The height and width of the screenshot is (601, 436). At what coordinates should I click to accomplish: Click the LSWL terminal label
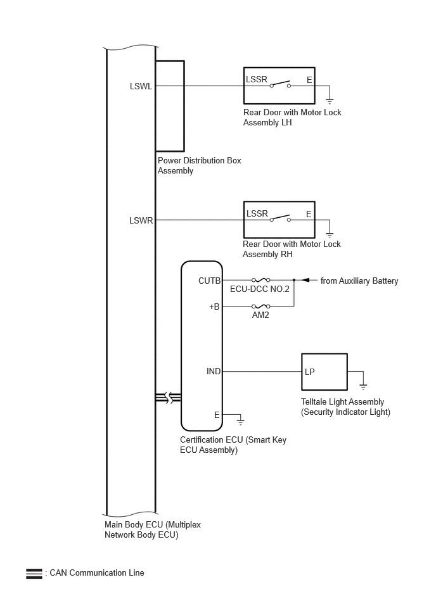[x=141, y=86]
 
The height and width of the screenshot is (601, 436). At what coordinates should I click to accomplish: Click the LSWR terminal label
[x=141, y=220]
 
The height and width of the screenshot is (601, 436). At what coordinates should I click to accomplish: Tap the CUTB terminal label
[x=209, y=281]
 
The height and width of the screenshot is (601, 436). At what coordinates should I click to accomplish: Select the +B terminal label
[x=214, y=307]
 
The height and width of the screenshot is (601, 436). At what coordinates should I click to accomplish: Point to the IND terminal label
[x=214, y=371]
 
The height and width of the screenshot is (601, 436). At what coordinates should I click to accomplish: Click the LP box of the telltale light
[x=324, y=371]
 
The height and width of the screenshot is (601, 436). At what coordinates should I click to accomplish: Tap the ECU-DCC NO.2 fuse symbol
[x=260, y=280]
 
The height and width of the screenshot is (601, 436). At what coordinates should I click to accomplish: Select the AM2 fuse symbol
[x=260, y=307]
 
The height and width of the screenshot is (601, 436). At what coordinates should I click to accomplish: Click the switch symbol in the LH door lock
[x=280, y=84]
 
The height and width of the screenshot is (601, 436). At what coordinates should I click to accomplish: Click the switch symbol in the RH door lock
[x=280, y=218]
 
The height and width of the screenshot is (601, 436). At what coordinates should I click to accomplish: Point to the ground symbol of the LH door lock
[x=330, y=101]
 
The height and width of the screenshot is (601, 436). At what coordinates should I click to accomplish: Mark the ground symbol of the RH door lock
[x=330, y=234]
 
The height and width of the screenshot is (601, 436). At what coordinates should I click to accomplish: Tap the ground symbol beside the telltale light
[x=363, y=386]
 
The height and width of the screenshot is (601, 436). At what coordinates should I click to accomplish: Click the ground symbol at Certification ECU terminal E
[x=240, y=422]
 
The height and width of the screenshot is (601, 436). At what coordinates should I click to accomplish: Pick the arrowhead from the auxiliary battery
[x=305, y=280]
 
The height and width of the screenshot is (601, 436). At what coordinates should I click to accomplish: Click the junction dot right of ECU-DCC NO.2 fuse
[x=294, y=280]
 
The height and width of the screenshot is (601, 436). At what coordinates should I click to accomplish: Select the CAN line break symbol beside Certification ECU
[x=169, y=398]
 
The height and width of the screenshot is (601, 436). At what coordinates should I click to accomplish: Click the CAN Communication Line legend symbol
[x=34, y=573]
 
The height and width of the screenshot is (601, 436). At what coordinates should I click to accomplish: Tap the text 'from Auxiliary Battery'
[x=359, y=281]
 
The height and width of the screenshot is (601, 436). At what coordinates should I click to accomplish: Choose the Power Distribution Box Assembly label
[x=200, y=165]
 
